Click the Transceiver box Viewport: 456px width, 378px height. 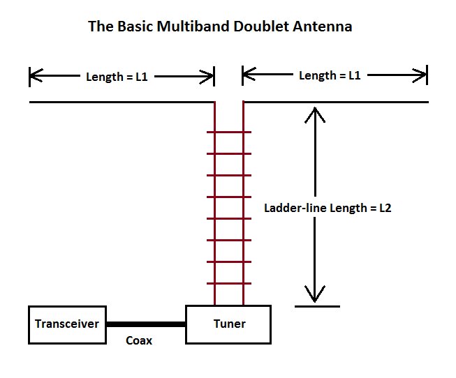(x=67, y=324)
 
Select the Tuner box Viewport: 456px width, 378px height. (x=228, y=324)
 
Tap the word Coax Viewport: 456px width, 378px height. (x=139, y=340)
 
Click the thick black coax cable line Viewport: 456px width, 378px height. (x=145, y=324)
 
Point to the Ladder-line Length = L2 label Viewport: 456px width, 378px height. (x=327, y=208)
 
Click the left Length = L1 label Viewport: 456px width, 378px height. (x=117, y=77)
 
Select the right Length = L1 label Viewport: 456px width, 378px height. (x=330, y=75)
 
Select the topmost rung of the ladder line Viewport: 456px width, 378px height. (x=229, y=131)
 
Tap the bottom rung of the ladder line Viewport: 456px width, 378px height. (x=229, y=283)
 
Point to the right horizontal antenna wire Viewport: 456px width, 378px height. (x=335, y=103)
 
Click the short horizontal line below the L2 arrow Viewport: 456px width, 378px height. (x=317, y=306)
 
